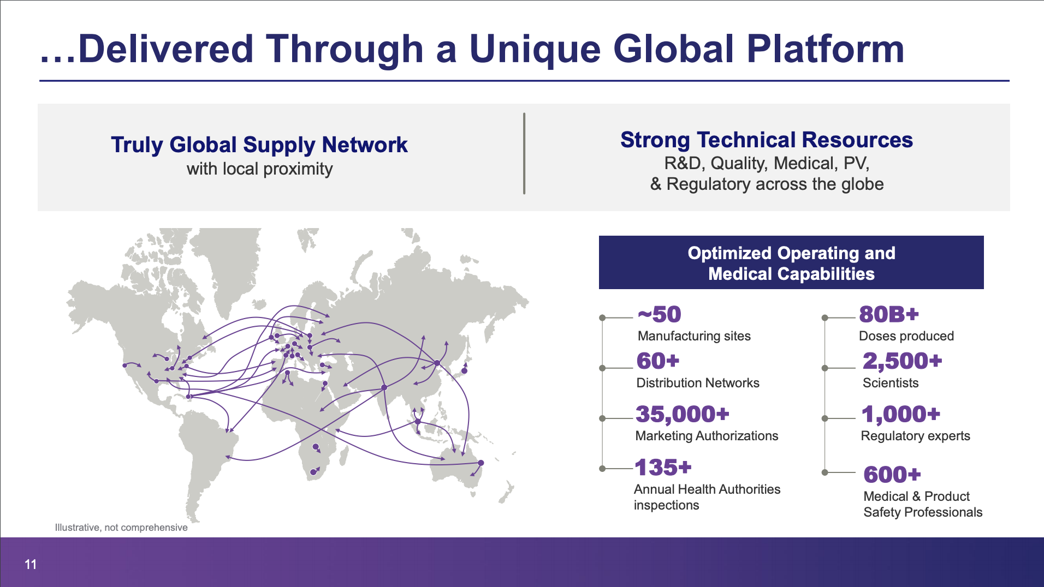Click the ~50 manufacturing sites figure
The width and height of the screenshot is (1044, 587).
tap(659, 315)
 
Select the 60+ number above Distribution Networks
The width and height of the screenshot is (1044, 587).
tap(658, 361)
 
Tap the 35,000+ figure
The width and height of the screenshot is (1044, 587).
tap(683, 415)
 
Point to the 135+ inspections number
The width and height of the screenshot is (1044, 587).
tap(663, 468)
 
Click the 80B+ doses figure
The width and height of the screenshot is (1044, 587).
tap(889, 315)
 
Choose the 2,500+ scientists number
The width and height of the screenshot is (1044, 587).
tap(903, 361)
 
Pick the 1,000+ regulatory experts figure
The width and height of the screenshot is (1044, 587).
tap(901, 415)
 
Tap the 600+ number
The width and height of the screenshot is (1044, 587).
tap(892, 475)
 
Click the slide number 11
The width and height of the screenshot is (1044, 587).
tap(31, 565)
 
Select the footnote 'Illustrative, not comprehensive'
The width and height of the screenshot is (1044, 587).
tap(121, 528)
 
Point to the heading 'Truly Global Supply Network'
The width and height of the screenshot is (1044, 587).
tap(259, 145)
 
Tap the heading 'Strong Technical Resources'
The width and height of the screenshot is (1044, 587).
tap(767, 140)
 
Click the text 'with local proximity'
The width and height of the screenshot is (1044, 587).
tap(259, 169)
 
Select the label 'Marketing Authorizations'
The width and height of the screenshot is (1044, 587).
tap(707, 436)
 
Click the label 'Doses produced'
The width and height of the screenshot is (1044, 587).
tap(906, 336)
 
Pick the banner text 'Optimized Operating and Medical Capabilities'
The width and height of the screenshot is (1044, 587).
tap(791, 263)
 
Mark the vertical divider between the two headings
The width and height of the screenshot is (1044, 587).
tap(524, 154)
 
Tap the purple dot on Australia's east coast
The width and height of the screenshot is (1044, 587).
tap(481, 463)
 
